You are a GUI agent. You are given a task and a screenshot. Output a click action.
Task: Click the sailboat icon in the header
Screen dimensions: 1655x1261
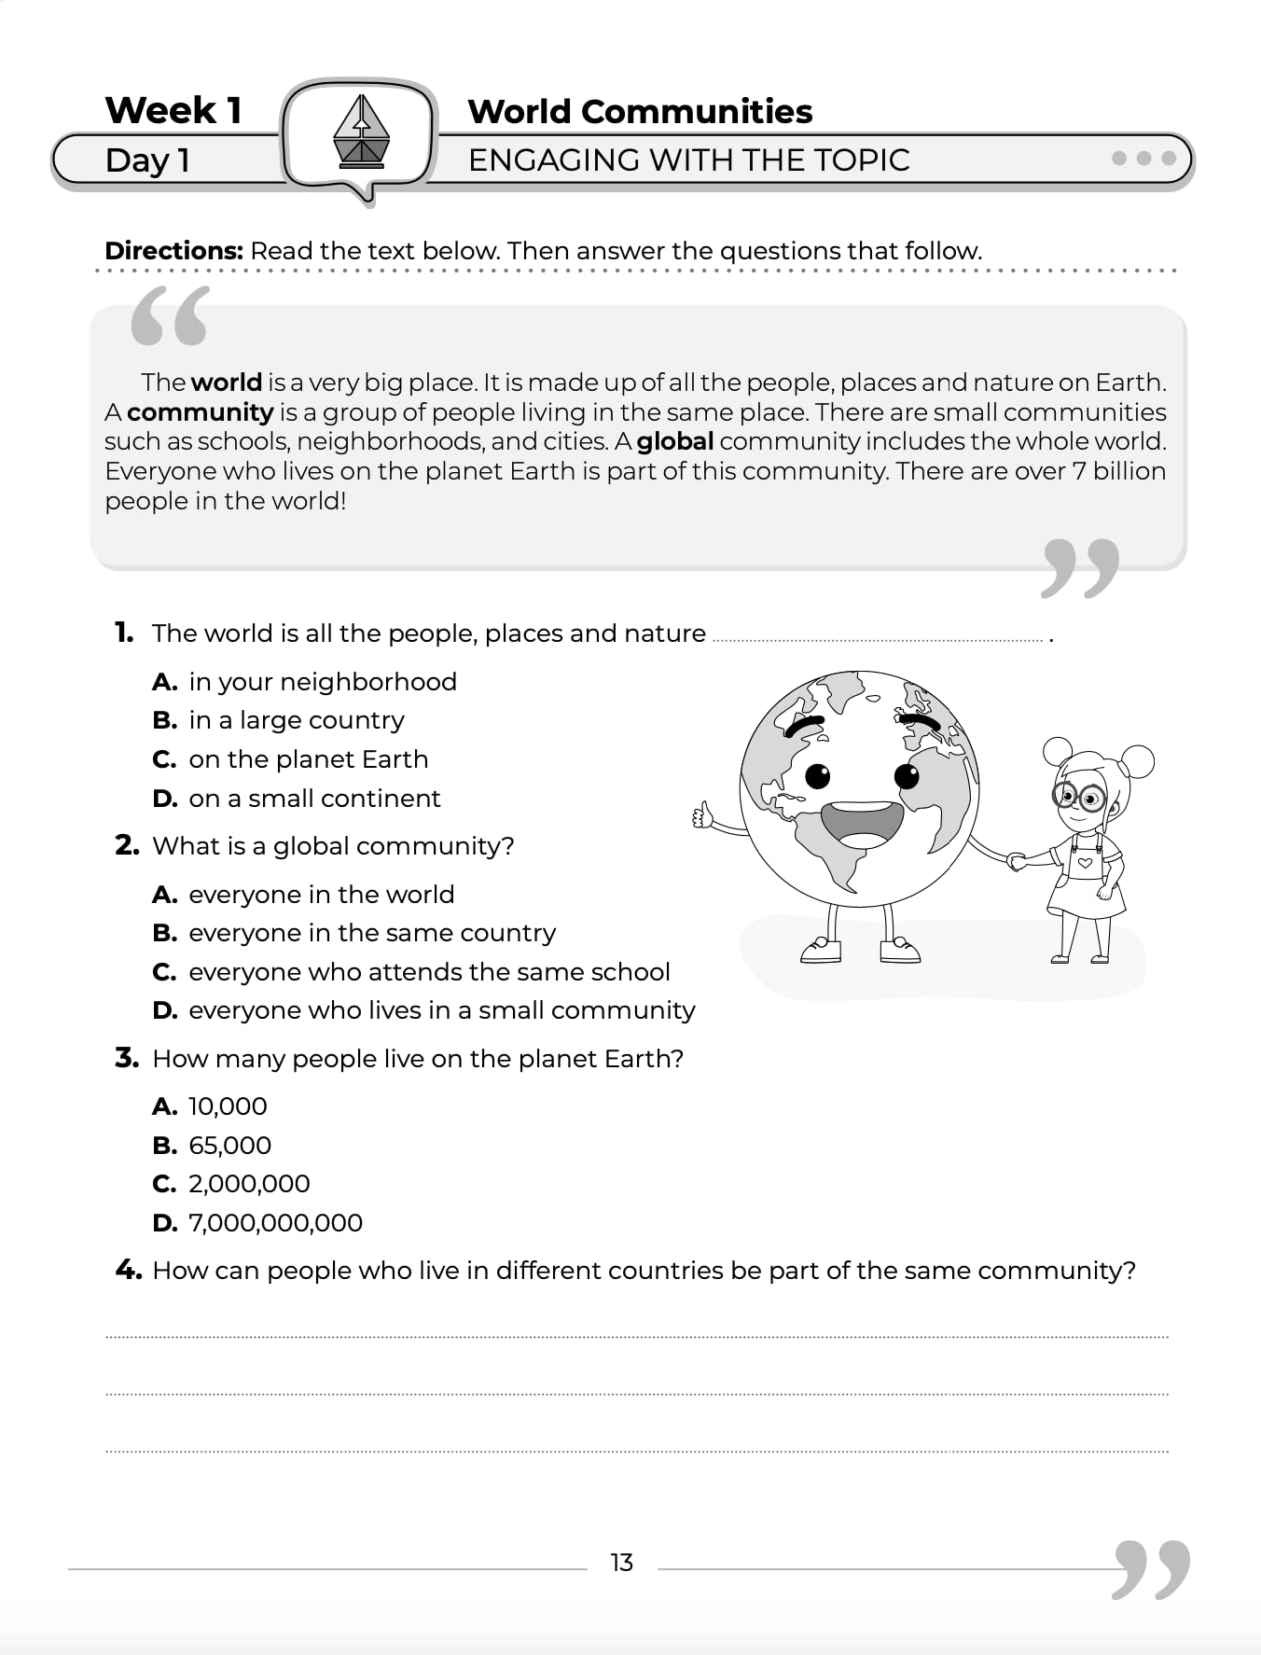pyautogui.click(x=361, y=132)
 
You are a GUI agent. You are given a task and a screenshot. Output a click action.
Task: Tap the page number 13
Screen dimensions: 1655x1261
pyautogui.click(x=621, y=1563)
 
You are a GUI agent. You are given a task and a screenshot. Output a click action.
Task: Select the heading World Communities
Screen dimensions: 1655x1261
pyautogui.click(x=640, y=111)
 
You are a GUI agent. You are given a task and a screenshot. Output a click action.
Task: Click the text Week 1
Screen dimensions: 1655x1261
pyautogui.click(x=173, y=110)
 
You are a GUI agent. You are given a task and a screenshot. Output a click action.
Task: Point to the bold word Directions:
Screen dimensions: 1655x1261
pyautogui.click(x=173, y=251)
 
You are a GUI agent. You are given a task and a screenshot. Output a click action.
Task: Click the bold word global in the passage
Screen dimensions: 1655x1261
pyautogui.click(x=674, y=441)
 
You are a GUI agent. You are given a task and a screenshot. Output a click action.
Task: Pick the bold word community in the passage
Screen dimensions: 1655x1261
pyautogui.click(x=200, y=412)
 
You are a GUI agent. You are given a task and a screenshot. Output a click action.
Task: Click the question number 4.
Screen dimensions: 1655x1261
pyautogui.click(x=128, y=1270)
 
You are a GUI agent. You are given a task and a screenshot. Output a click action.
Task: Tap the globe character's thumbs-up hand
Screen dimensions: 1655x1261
pyautogui.click(x=702, y=816)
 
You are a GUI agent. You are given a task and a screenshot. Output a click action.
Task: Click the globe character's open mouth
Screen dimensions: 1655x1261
pyautogui.click(x=863, y=822)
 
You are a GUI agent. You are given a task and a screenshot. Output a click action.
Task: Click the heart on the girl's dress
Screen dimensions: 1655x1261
pyautogui.click(x=1084, y=863)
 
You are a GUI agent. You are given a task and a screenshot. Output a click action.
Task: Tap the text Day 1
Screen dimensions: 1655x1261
pyautogui.click(x=147, y=160)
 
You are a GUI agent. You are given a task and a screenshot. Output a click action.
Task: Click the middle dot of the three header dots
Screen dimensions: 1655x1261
pyautogui.click(x=1143, y=159)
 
